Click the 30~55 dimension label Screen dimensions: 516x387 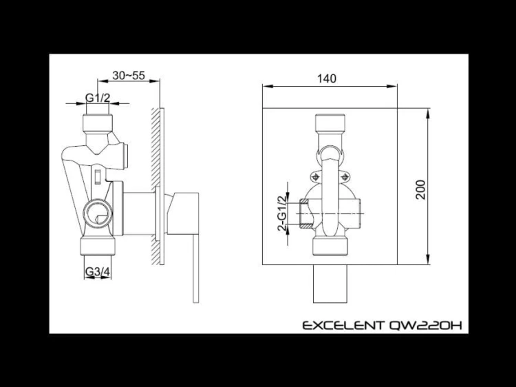129,76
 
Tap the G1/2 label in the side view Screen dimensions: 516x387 98,98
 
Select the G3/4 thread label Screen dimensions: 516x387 98,272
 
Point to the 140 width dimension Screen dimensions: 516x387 327,79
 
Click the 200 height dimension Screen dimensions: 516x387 420,189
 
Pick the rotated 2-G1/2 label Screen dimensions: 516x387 282,213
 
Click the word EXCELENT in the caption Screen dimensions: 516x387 343,326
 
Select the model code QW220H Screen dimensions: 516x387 425,326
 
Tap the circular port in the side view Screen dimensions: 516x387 98,213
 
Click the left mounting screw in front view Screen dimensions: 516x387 316,177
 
